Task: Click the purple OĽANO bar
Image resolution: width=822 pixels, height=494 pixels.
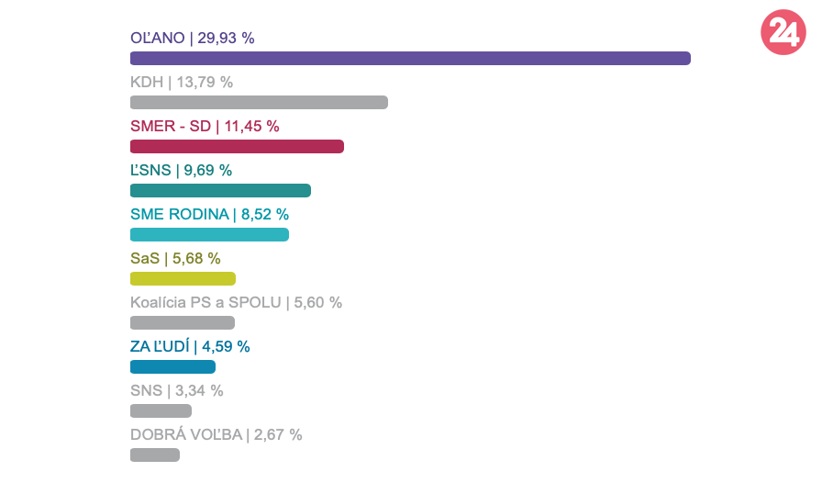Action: [x=410, y=59]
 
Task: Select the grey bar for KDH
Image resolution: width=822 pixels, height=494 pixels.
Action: [x=259, y=103]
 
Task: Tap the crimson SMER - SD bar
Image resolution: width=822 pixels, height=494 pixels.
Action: [x=237, y=147]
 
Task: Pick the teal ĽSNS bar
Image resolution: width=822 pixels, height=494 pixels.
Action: [x=220, y=191]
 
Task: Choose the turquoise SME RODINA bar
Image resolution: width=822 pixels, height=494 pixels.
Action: [x=209, y=235]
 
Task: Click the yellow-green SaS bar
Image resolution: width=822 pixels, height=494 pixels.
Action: [x=183, y=279]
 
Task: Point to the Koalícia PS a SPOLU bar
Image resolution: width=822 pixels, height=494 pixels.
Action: [x=183, y=323]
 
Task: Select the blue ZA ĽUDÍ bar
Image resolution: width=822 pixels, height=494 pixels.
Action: [x=172, y=367]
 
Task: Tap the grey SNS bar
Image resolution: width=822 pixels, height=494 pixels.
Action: [x=161, y=411]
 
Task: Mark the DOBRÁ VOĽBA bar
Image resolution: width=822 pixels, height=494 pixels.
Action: [x=155, y=455]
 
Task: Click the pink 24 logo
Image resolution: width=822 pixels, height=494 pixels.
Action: [x=783, y=34]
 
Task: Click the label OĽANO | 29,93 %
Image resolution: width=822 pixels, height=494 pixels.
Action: [x=193, y=39]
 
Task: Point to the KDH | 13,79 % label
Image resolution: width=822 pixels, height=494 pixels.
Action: [x=182, y=83]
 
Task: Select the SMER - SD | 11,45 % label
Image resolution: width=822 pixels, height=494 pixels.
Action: [x=205, y=127]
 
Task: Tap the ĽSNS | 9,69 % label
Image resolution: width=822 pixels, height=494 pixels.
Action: [x=181, y=171]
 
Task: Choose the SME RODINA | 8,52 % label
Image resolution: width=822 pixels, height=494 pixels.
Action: [x=209, y=215]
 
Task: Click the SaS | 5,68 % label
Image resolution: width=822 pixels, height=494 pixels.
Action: [x=175, y=259]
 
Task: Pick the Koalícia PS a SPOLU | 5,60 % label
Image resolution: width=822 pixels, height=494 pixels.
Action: [x=236, y=303]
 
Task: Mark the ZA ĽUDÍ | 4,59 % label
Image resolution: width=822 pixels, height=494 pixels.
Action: [x=190, y=347]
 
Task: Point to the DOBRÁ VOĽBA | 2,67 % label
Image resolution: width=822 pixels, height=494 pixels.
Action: [x=216, y=435]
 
